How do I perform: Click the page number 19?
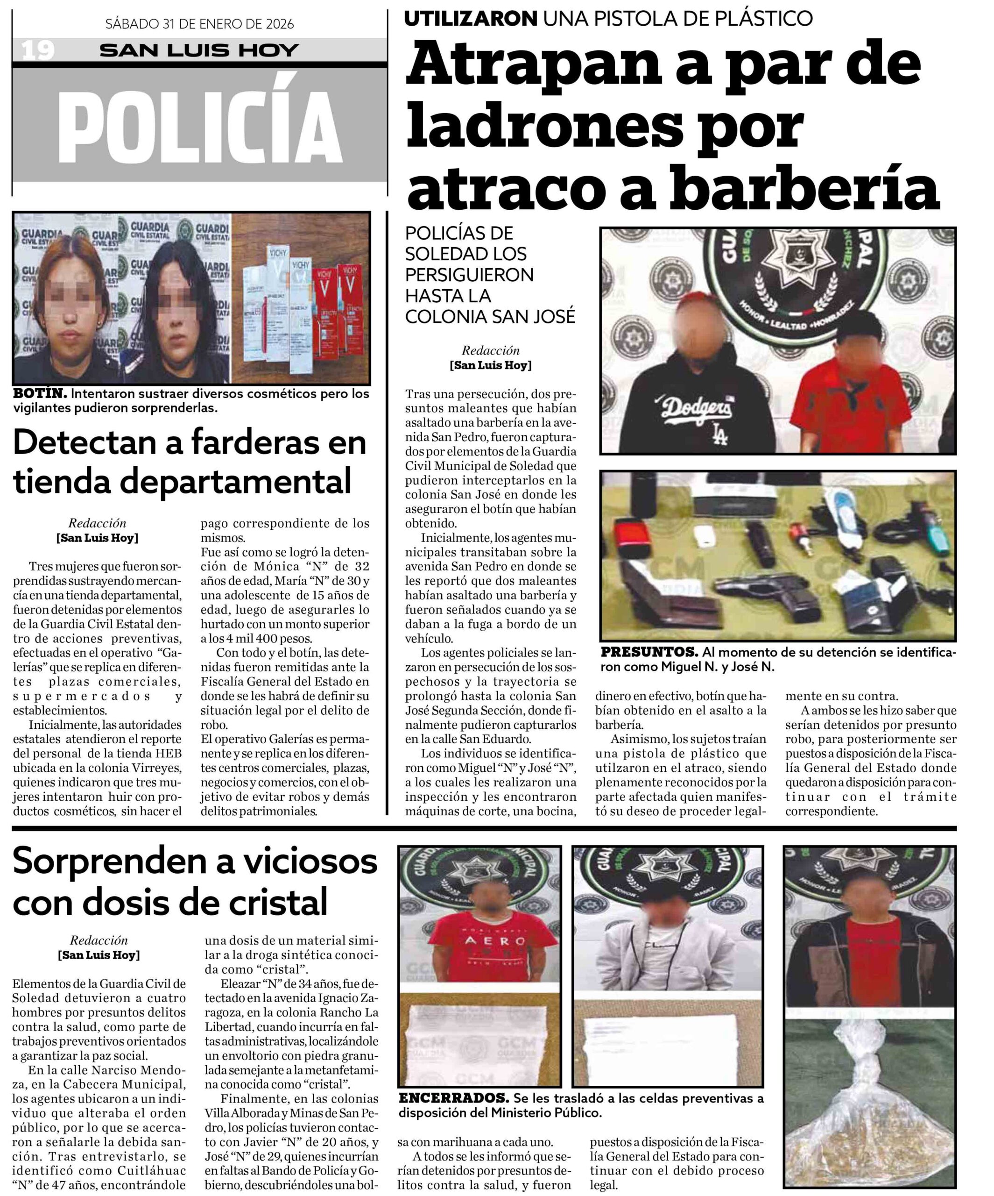(x=37, y=50)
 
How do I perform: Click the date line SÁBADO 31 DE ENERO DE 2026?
(x=199, y=24)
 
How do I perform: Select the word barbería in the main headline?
(x=804, y=187)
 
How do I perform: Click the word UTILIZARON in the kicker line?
(x=470, y=19)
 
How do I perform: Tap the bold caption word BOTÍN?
(x=40, y=393)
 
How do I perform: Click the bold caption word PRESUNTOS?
(x=649, y=652)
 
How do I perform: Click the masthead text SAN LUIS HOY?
(x=199, y=50)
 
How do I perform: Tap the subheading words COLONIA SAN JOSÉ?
(x=490, y=317)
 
